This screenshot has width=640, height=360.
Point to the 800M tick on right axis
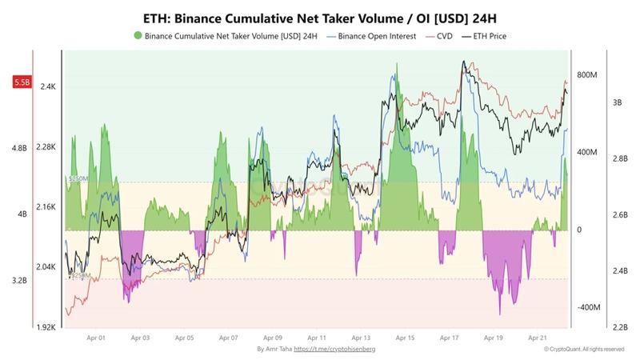pyautogui.click(x=588, y=75)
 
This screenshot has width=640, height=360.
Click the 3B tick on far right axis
pyautogui.click(x=617, y=102)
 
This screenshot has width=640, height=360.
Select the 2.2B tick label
pyautogui.click(x=618, y=327)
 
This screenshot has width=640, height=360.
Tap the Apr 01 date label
pyautogui.click(x=97, y=338)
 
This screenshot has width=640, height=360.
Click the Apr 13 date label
pyautogui.click(x=361, y=338)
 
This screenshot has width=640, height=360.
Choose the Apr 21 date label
pyautogui.click(x=538, y=338)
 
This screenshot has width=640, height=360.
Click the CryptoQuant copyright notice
pyautogui.click(x=583, y=350)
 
